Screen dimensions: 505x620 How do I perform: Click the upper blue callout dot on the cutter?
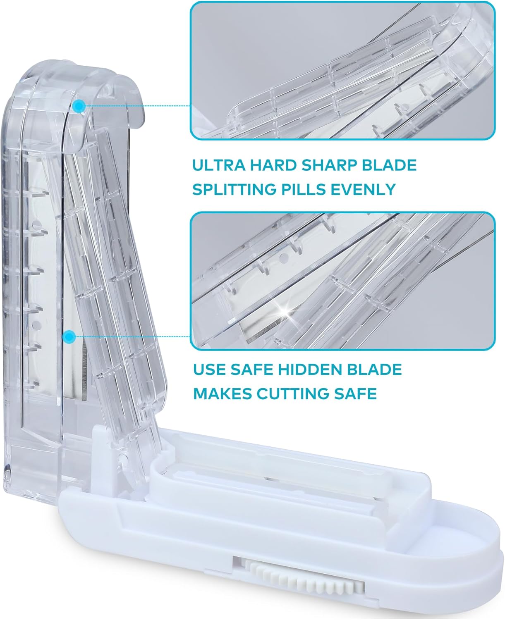[x=79, y=106]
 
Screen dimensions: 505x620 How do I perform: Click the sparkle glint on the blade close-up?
[x=285, y=310]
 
